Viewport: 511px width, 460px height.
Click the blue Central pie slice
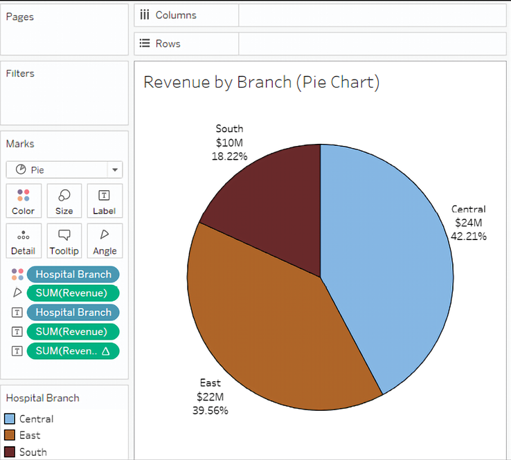[388, 263]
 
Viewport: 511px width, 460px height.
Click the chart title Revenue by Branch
[261, 82]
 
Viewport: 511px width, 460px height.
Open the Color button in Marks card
[24, 201]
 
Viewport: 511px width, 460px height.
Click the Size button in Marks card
[64, 201]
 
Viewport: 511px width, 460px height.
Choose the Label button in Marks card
[105, 201]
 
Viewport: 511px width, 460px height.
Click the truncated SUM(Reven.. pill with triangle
[73, 351]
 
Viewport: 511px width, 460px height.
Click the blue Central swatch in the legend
[9, 418]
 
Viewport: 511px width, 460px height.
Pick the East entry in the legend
[30, 435]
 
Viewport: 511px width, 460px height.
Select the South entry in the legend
[33, 452]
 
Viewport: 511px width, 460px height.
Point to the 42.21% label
[469, 236]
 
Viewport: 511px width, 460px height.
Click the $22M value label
[210, 396]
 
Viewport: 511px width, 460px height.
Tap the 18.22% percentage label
[229, 156]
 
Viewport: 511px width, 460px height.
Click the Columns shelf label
[175, 15]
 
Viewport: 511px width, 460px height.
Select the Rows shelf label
[168, 44]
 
